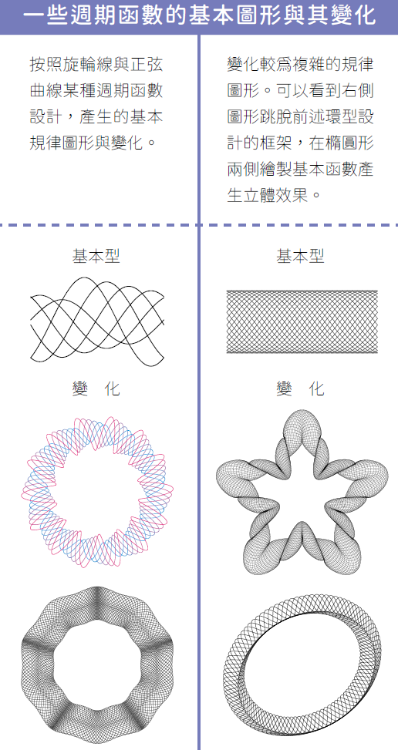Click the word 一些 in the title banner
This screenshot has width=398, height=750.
click(42, 15)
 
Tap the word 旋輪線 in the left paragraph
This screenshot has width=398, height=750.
click(87, 64)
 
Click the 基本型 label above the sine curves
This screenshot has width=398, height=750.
click(96, 256)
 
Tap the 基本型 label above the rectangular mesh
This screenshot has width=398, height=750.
click(300, 256)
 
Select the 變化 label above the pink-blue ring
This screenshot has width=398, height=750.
click(96, 388)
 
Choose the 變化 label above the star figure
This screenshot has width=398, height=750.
click(300, 388)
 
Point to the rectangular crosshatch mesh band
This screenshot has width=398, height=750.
click(302, 321)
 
